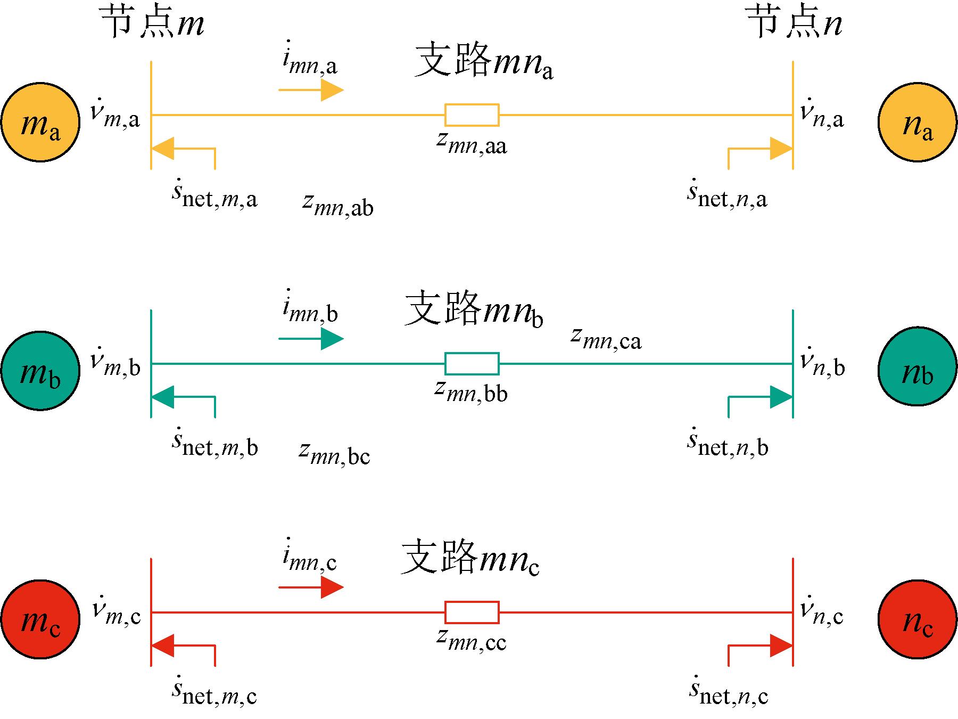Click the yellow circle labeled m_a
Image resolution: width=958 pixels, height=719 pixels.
coord(40,121)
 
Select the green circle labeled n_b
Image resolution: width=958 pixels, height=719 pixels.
coord(917,367)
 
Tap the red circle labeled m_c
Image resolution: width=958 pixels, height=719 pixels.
coord(40,619)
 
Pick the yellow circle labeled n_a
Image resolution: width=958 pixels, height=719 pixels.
coord(917,121)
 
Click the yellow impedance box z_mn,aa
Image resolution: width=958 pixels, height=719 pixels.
coord(472,115)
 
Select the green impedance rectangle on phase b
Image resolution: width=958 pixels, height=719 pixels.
coord(472,363)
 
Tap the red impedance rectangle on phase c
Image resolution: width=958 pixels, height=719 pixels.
coord(472,612)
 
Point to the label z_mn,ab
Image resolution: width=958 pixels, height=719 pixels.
coord(338,205)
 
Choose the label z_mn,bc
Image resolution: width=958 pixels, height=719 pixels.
coord(335,453)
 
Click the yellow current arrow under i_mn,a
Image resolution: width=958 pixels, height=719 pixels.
coord(311,90)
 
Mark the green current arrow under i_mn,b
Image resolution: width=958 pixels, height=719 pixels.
coord(311,339)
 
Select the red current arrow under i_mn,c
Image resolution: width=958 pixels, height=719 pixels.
coord(311,587)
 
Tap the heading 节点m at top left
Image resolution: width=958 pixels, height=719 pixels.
coord(152,24)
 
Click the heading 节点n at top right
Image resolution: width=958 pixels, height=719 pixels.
coord(794,24)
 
